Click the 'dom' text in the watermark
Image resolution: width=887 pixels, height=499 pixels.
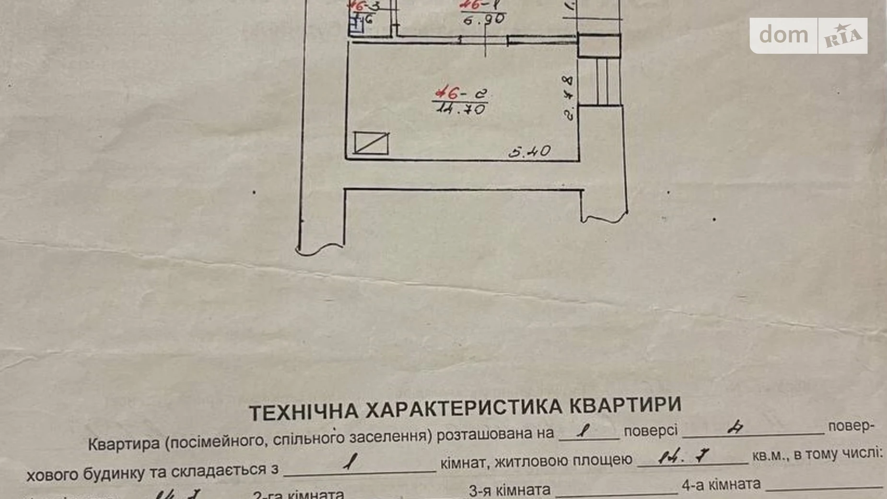tap(783, 35)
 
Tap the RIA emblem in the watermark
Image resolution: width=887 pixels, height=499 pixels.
tap(842, 36)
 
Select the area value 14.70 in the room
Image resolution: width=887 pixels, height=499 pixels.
tap(461, 109)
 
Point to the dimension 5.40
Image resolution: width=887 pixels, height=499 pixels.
tap(529, 152)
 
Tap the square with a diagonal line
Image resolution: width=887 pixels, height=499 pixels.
tap(371, 143)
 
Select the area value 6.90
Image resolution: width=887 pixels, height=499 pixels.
tap(484, 19)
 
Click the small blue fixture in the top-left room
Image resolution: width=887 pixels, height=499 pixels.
tap(356, 25)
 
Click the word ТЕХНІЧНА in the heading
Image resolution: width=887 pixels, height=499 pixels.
tap(303, 412)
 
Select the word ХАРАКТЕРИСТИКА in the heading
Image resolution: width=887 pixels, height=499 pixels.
tap(464, 408)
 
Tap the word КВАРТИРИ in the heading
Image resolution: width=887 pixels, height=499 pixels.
tap(625, 405)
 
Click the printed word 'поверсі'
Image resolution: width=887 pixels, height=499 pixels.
tap(650, 431)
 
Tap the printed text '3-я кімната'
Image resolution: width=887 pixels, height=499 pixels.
tap(509, 490)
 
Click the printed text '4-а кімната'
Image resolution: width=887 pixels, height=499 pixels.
tap(721, 485)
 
